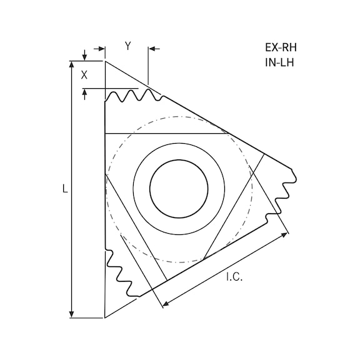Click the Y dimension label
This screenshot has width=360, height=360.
click(127, 46)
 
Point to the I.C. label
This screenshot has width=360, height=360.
click(234, 277)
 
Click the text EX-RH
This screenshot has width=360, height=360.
click(280, 47)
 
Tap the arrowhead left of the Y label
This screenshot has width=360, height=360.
click(101, 48)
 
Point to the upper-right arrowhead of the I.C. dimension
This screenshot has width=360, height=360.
click(285, 234)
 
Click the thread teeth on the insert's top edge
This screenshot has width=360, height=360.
click(134, 96)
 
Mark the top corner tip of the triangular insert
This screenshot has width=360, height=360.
click(105, 61)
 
